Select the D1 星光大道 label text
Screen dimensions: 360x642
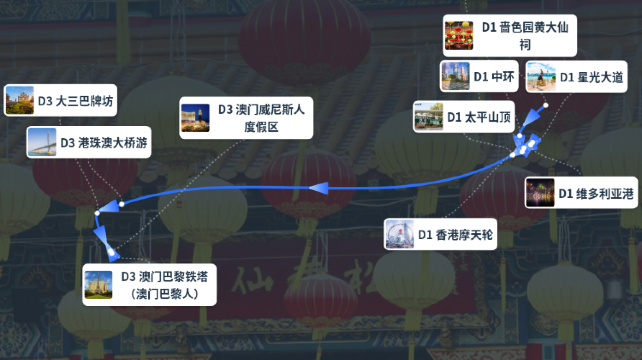point(590,77)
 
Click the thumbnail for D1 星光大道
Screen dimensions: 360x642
point(541,77)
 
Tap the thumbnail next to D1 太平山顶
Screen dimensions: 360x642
point(429,117)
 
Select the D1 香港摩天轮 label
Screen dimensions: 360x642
point(455,235)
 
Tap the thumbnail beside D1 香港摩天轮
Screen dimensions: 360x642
point(400,235)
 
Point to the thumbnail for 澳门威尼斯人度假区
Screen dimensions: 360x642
point(195,118)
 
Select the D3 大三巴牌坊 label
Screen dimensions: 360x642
point(76,101)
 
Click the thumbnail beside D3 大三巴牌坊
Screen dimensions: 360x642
point(19,101)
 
